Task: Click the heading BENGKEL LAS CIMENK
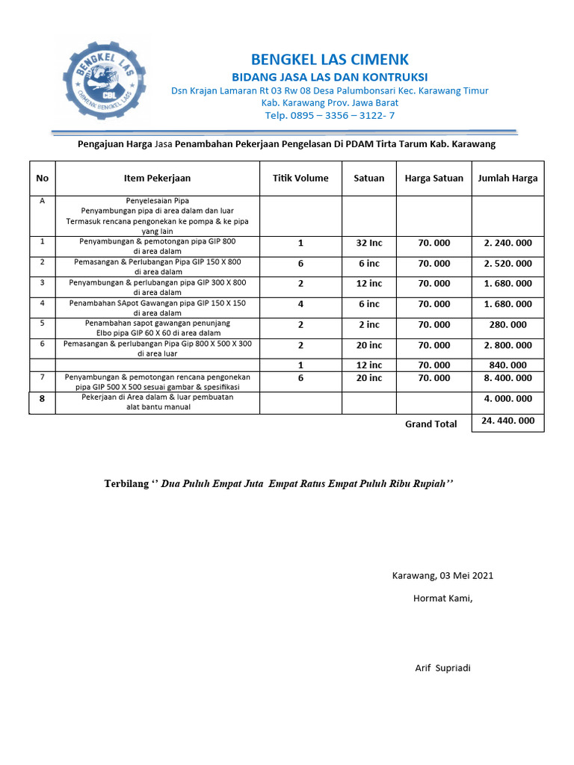pyautogui.click(x=330, y=60)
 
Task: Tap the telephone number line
pyautogui.click(x=330, y=115)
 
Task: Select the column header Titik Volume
pyautogui.click(x=300, y=178)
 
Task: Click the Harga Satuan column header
pyautogui.click(x=433, y=178)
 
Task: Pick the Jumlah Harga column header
pyautogui.click(x=507, y=178)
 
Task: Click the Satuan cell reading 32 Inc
pyautogui.click(x=369, y=243)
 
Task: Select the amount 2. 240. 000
pyautogui.click(x=507, y=243)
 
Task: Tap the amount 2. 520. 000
pyautogui.click(x=507, y=263)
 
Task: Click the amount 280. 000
pyautogui.click(x=507, y=324)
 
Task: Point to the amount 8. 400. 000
pyautogui.click(x=507, y=378)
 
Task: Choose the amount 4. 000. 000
pyautogui.click(x=507, y=398)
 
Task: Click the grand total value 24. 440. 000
pyautogui.click(x=507, y=421)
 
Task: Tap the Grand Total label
pyautogui.click(x=430, y=424)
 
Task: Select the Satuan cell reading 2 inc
pyautogui.click(x=369, y=324)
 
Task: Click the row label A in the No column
pyautogui.click(x=42, y=201)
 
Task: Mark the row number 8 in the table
pyautogui.click(x=42, y=399)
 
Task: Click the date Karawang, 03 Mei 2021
pyautogui.click(x=442, y=575)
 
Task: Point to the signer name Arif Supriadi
pyautogui.click(x=442, y=668)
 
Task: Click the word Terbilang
pyautogui.click(x=126, y=484)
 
